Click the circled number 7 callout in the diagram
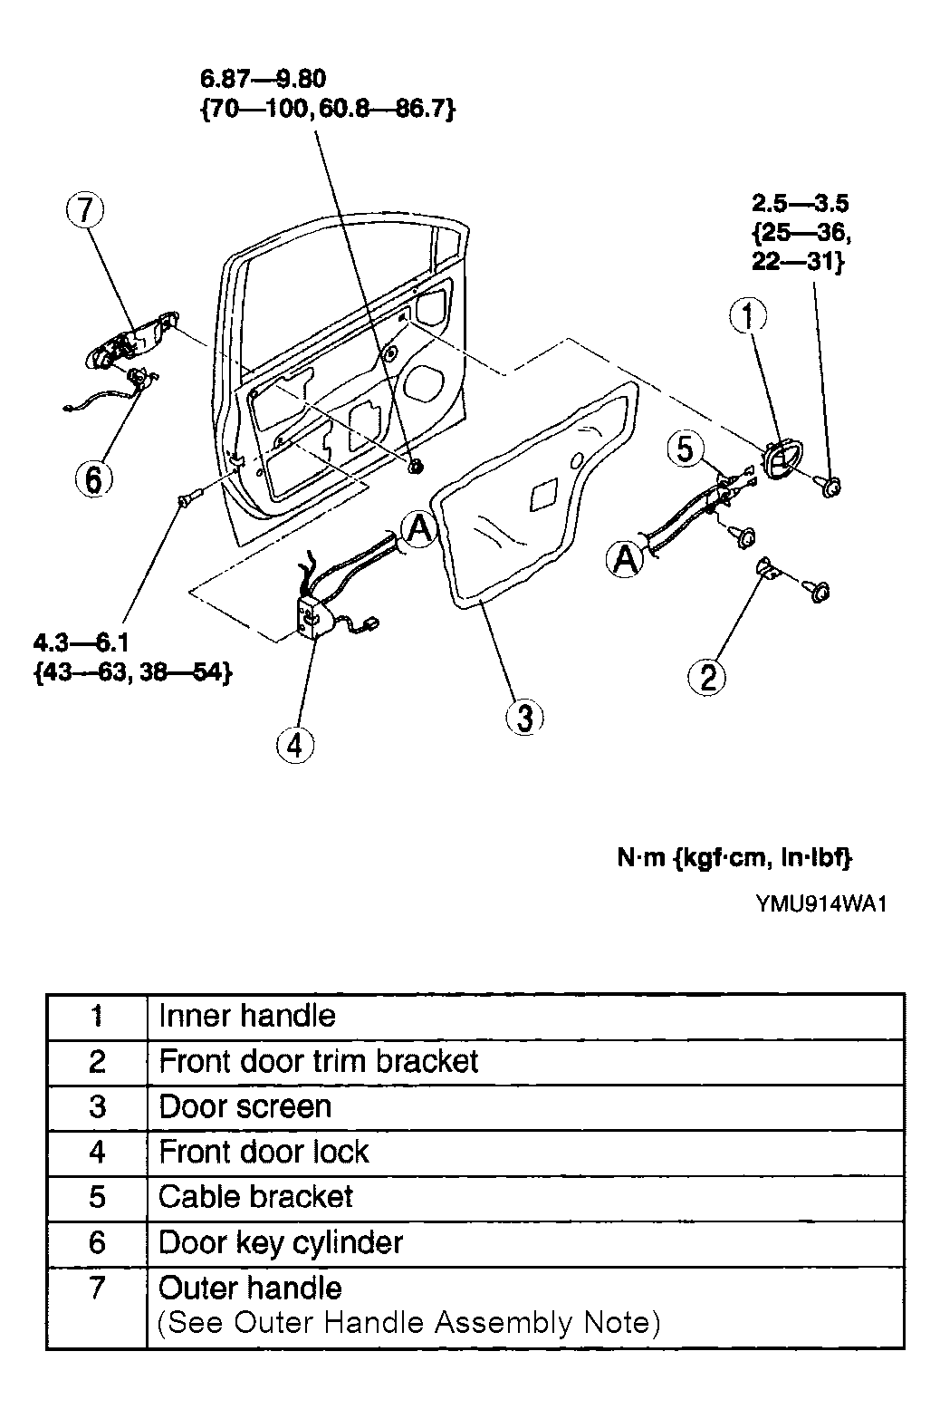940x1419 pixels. (x=85, y=210)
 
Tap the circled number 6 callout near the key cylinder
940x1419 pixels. (x=93, y=479)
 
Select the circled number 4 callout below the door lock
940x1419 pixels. (x=295, y=745)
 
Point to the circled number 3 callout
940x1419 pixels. (x=524, y=717)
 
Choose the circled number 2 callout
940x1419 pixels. (x=707, y=677)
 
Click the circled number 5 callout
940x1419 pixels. (x=686, y=449)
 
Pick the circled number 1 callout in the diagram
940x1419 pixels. (x=748, y=314)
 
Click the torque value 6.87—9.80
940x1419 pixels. (x=263, y=79)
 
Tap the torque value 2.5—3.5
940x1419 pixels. (x=801, y=203)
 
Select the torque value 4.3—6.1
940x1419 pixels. (x=81, y=643)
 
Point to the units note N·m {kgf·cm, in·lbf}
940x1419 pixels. (x=734, y=858)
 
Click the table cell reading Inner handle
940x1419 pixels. (x=247, y=1016)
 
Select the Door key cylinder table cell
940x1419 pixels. (x=281, y=1242)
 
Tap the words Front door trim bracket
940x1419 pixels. (x=319, y=1061)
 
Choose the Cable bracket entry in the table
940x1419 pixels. (x=255, y=1197)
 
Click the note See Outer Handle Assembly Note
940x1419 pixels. (x=409, y=1323)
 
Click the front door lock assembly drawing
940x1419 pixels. (x=332, y=589)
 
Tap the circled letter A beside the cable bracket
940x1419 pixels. (x=626, y=559)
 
